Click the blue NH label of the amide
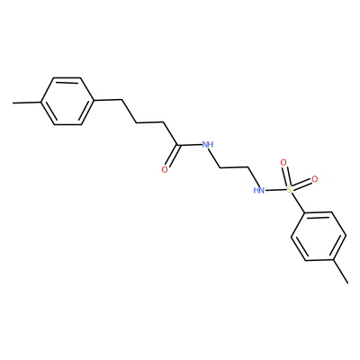coord(208,145)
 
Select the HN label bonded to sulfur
coord(258,190)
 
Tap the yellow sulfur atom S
coord(289,189)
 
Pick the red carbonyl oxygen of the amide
coord(165,170)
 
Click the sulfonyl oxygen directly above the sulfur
coord(283,163)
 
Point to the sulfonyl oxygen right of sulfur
coord(314,179)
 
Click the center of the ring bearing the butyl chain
coord(67,102)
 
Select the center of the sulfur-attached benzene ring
coord(319,236)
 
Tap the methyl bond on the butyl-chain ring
coord(27,103)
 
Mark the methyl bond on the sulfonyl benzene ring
coord(340,271)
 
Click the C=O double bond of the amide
coord(173,156)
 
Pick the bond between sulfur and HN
coord(274,190)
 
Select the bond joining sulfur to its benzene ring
coord(298,204)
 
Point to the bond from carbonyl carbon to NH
coord(190,146)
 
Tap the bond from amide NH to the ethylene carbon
coord(215,158)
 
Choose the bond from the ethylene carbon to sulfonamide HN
coord(254,176)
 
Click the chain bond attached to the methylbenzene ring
coord(108,100)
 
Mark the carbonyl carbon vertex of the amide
coord(178,146)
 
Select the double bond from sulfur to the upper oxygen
coord(285,176)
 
